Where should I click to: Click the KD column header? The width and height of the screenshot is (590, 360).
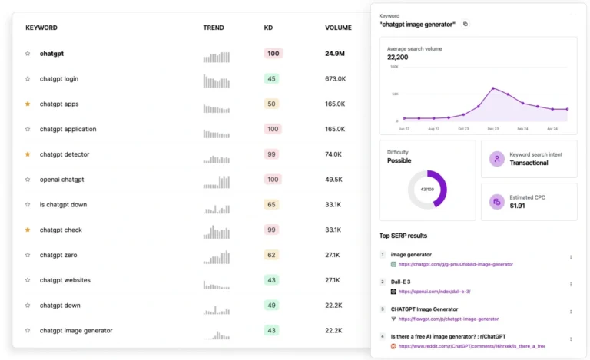pyautogui.click(x=268, y=28)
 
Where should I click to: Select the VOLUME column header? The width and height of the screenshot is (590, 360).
pyautogui.click(x=338, y=28)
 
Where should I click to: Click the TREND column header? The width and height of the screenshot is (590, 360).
pyautogui.click(x=214, y=28)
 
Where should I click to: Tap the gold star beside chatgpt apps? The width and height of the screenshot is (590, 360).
pyautogui.click(x=28, y=104)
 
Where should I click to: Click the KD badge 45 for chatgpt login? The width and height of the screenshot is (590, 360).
pyautogui.click(x=271, y=78)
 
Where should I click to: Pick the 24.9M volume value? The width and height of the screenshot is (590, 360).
pyautogui.click(x=335, y=54)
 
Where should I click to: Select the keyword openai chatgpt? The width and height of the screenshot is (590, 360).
pyautogui.click(x=61, y=180)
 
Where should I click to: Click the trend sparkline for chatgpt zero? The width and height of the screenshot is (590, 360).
pyautogui.click(x=217, y=255)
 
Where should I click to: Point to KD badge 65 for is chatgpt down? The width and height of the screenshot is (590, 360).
pyautogui.click(x=271, y=205)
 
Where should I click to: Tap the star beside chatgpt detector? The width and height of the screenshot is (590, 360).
pyautogui.click(x=28, y=154)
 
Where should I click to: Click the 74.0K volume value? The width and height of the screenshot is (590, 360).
pyautogui.click(x=333, y=154)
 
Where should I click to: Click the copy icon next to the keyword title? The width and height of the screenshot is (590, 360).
pyautogui.click(x=465, y=24)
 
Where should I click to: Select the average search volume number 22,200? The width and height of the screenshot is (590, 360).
pyautogui.click(x=397, y=57)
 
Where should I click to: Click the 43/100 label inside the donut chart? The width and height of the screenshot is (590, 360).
pyautogui.click(x=427, y=189)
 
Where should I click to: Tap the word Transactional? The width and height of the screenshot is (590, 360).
pyautogui.click(x=529, y=163)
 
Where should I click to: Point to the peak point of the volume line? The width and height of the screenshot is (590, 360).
pyautogui.click(x=493, y=88)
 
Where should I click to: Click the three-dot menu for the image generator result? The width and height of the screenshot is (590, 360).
pyautogui.click(x=570, y=257)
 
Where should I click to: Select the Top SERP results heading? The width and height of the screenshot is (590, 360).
pyautogui.click(x=403, y=236)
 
